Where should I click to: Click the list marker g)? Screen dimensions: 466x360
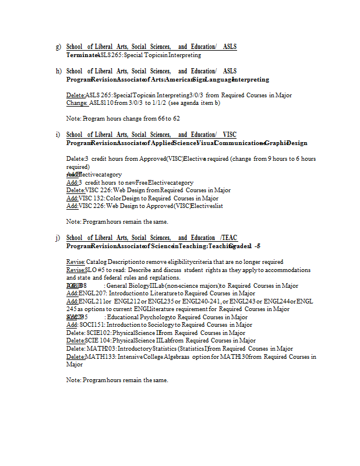coord(58,47)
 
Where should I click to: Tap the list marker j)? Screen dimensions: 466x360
coord(58,238)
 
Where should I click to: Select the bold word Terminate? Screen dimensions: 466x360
coord(82,55)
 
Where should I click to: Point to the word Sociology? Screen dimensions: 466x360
coord(160,325)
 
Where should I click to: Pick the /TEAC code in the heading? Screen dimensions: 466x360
coord(228,238)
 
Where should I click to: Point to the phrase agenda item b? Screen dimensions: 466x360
coord(202,103)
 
